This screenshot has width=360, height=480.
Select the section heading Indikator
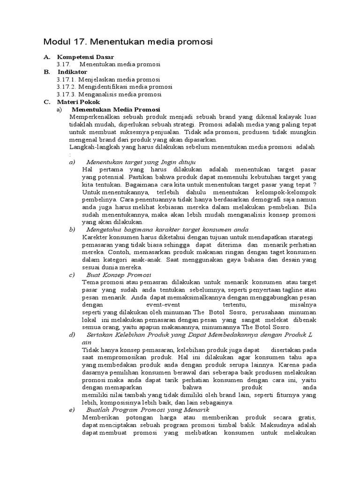72,72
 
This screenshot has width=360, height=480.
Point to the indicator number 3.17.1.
67,79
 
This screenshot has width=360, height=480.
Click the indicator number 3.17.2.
67,87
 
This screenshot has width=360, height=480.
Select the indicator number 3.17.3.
67,94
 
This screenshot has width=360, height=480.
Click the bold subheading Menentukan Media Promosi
116,109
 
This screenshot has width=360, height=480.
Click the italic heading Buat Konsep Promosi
119,274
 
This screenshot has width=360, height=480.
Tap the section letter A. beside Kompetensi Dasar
47,57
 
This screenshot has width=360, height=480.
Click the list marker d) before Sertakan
72,334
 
